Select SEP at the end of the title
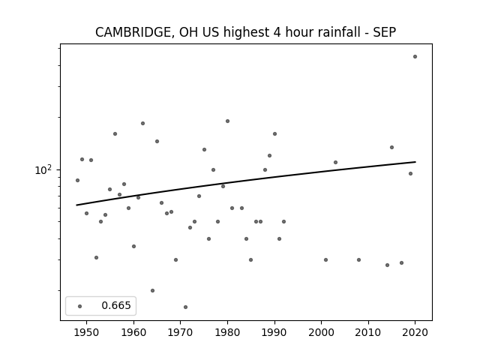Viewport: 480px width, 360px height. pyautogui.click(x=385, y=32)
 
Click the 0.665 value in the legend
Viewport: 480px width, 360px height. pyautogui.click(x=116, y=305)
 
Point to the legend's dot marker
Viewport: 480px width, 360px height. pyautogui.click(x=80, y=306)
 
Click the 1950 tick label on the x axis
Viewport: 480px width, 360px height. pyautogui.click(x=87, y=332)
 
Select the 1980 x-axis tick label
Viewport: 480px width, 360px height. pyautogui.click(x=227, y=332)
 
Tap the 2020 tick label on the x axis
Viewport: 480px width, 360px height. pyautogui.click(x=415, y=332)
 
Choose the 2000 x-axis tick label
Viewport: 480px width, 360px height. pyautogui.click(x=322, y=332)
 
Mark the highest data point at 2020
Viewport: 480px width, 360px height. pyautogui.click(x=415, y=57)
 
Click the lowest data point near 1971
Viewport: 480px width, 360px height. pyautogui.click(x=185, y=307)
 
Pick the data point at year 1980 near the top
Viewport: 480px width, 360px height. pyautogui.click(x=227, y=121)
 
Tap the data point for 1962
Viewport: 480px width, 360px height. pyautogui.click(x=142, y=123)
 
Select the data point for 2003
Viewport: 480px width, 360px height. pyautogui.click(x=335, y=162)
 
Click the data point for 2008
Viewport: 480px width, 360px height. pyautogui.click(x=358, y=260)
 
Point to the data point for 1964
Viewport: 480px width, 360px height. pyautogui.click(x=152, y=290)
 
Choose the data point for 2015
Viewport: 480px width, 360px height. pyautogui.click(x=391, y=147)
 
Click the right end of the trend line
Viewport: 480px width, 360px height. pyautogui.click(x=415, y=162)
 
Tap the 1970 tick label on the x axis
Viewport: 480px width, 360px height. pyautogui.click(x=181, y=332)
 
